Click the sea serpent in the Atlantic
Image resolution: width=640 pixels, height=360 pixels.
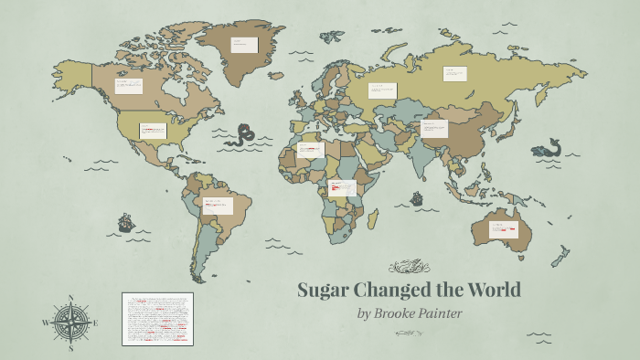[242, 135]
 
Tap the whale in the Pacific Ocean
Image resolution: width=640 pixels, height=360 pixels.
[550, 147]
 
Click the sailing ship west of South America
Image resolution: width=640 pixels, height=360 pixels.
[125, 222]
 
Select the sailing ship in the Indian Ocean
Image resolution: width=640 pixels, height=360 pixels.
[417, 197]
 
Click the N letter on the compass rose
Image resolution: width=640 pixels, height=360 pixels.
[70, 298]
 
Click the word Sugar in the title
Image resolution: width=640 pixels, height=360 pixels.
[325, 290]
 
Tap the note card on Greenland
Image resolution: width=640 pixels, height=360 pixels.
[244, 45]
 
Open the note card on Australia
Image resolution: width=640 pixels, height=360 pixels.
[503, 229]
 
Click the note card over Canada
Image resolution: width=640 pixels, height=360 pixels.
[128, 87]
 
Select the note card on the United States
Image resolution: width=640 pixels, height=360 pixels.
[153, 131]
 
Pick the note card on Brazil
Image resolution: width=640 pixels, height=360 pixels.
[219, 206]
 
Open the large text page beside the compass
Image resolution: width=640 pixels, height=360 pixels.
[158, 319]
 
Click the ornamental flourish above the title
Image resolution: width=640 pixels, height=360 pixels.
[409, 267]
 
